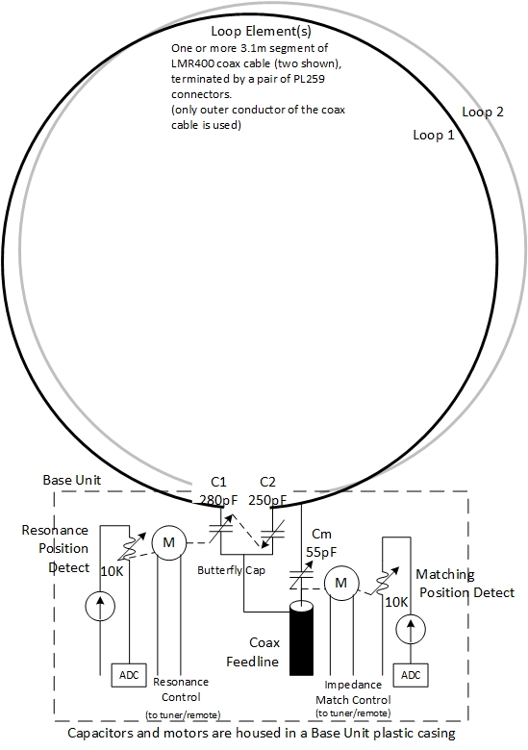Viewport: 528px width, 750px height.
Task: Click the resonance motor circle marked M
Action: (x=169, y=542)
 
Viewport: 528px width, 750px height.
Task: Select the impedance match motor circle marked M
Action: (x=341, y=583)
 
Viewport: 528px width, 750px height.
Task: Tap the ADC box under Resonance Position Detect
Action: (x=129, y=675)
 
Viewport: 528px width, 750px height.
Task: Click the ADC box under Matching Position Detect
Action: (x=411, y=675)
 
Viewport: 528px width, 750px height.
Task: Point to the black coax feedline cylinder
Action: (x=302, y=638)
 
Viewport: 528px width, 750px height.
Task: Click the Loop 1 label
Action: (x=434, y=135)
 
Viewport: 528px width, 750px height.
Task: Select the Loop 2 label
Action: (x=483, y=112)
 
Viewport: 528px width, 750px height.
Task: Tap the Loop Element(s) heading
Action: (x=262, y=32)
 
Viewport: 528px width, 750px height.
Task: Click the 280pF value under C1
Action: (x=218, y=500)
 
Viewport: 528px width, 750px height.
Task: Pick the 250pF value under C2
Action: (x=267, y=500)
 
